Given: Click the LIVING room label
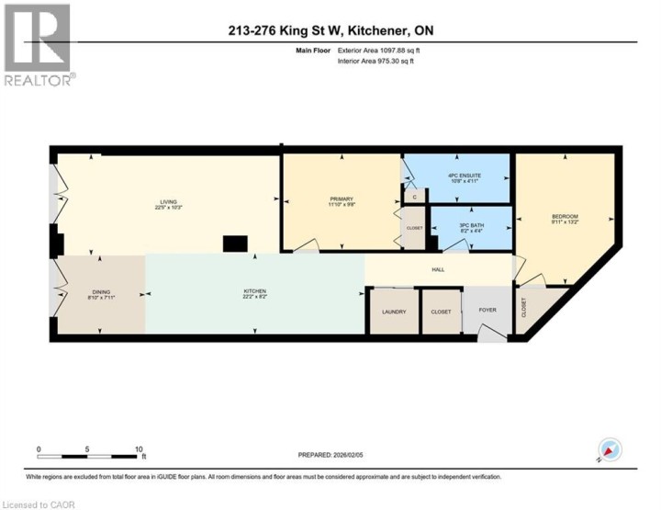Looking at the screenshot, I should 166,202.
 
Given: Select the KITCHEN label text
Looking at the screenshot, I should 254,294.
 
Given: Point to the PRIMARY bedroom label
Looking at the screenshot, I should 342,200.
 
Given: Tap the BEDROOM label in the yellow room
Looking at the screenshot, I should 565,218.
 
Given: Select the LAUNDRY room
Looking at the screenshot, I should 393,312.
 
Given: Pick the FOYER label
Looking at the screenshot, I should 487,312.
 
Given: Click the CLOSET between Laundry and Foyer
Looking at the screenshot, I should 441,312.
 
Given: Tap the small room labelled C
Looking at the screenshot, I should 414,197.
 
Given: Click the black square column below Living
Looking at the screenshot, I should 236,243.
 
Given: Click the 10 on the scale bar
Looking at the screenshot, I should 140,448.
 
